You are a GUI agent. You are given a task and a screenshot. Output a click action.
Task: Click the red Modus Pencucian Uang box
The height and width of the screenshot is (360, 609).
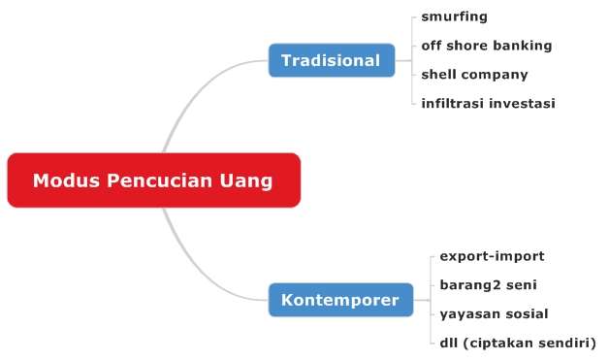153,180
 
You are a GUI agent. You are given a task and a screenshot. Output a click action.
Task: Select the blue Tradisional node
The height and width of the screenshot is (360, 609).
331,60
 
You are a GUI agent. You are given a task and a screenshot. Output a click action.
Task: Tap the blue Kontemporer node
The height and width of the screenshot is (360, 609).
339,300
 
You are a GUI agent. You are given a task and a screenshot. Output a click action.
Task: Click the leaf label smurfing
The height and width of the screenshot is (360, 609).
454,16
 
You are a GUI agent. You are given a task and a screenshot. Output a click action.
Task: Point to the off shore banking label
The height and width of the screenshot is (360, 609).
486,46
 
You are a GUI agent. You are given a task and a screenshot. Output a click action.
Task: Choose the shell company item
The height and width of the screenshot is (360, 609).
474,74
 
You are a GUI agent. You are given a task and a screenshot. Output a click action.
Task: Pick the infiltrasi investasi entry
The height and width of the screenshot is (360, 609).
488,103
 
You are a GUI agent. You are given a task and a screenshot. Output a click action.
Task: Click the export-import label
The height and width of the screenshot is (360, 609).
492,256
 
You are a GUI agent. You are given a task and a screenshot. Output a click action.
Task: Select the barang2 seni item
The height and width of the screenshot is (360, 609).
488,285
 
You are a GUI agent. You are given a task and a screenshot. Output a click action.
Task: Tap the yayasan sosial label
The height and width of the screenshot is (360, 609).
494,313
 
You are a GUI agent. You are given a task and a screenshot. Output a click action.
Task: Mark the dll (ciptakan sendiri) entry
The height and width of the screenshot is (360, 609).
517,343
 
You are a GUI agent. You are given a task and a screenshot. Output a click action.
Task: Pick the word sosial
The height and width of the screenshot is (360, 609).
526,313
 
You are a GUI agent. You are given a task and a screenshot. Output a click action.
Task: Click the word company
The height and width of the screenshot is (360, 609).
496,74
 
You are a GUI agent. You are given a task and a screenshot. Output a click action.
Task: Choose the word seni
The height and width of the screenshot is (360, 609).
521,285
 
